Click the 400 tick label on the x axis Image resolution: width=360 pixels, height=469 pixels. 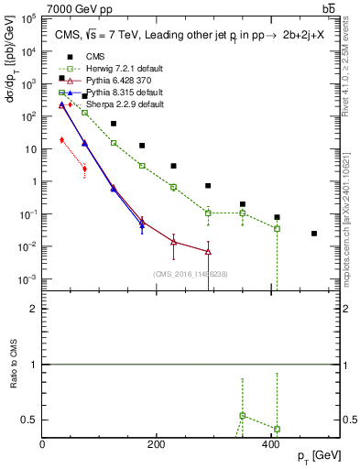271,444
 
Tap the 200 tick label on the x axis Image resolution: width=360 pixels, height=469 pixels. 157,444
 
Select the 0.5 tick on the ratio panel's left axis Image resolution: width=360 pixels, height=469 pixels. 29,420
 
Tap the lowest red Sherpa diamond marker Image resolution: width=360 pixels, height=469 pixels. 84,169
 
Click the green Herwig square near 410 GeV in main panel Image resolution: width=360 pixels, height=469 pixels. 277,228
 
